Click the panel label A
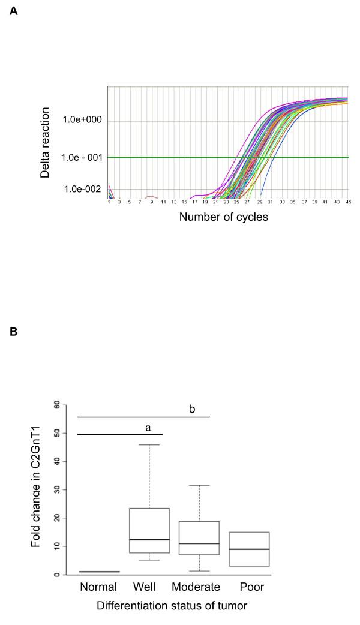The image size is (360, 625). pos(14,10)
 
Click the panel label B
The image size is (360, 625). pos(14,347)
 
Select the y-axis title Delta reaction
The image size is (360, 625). pos(45,142)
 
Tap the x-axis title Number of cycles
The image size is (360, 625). pos(223,217)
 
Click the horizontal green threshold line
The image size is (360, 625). pos(180,157)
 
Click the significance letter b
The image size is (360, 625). pos(192,409)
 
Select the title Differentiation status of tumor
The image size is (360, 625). pos(173,606)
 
